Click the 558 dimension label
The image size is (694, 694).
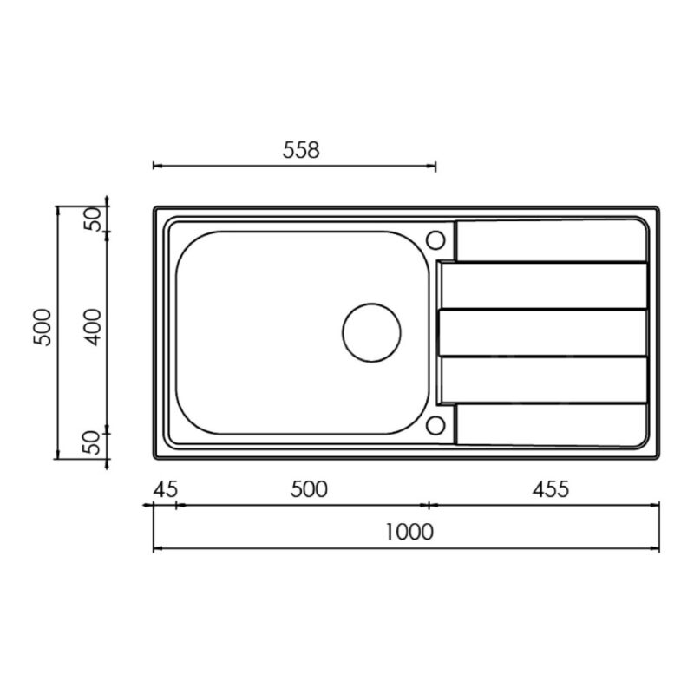[x=301, y=150]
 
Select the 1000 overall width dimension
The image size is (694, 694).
[x=409, y=532]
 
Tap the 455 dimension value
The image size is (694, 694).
[x=551, y=489]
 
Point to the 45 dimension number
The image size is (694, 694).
[x=166, y=489]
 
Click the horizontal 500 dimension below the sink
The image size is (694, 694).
[x=309, y=489]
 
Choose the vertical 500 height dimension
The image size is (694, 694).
[x=43, y=328]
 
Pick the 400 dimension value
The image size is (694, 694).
[x=94, y=328]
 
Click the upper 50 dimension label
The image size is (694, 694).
[x=94, y=219]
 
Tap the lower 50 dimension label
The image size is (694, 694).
[x=94, y=443]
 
